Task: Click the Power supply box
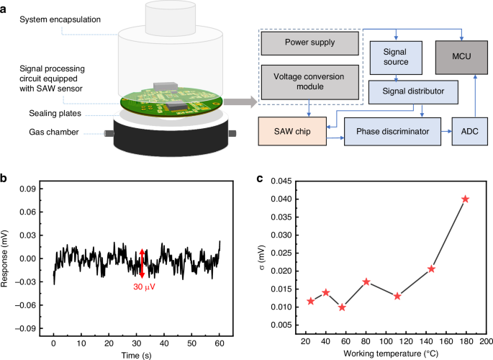(310, 42)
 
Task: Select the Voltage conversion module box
(310, 81)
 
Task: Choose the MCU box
(465, 55)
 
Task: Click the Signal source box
(394, 55)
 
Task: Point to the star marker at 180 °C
(465, 199)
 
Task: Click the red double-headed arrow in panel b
(143, 263)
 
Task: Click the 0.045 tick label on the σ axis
(283, 181)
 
